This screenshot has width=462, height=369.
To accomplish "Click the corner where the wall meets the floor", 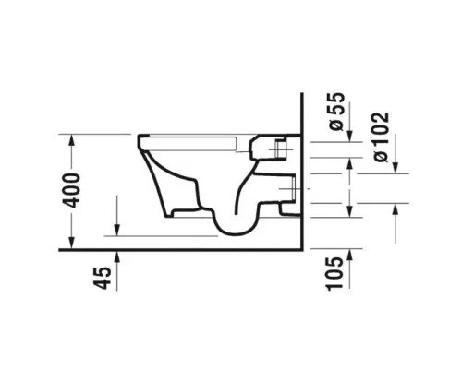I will point(304,249).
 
